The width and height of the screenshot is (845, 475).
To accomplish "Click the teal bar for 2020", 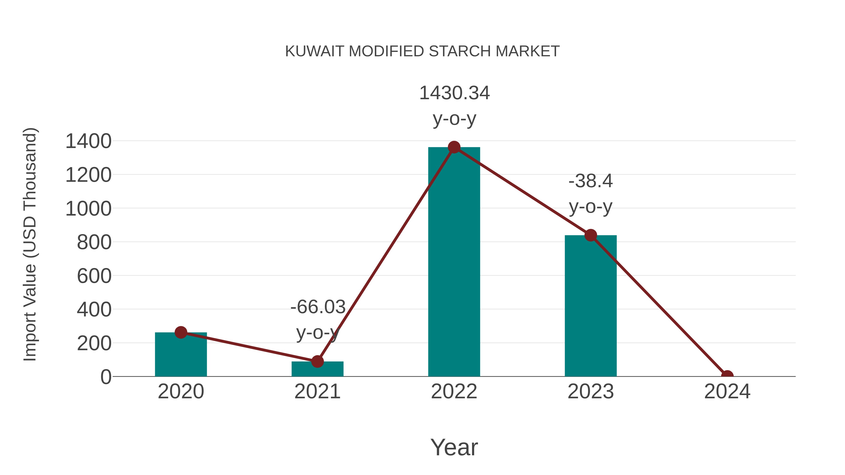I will tap(181, 356).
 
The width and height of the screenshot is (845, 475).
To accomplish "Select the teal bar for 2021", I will tap(317, 370).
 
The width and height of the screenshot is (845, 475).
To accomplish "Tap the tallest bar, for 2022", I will tap(454, 262).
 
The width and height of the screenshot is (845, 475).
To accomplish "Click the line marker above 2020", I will tap(181, 332).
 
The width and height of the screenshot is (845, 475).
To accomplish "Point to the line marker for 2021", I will tap(317, 361).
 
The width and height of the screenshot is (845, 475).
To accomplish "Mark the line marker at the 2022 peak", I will tap(454, 147).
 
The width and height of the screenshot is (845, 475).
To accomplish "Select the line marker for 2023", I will tap(591, 235).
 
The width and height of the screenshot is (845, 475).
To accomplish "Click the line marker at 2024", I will tap(727, 376).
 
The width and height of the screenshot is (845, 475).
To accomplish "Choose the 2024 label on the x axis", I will tap(727, 392).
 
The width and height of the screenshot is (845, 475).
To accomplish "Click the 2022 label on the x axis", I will tap(454, 392).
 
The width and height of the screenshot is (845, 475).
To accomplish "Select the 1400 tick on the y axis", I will tap(88, 142).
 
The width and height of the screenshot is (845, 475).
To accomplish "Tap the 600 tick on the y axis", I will tap(94, 276).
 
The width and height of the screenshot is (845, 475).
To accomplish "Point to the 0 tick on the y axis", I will tap(106, 377).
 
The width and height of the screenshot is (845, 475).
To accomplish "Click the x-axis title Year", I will tap(454, 448).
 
